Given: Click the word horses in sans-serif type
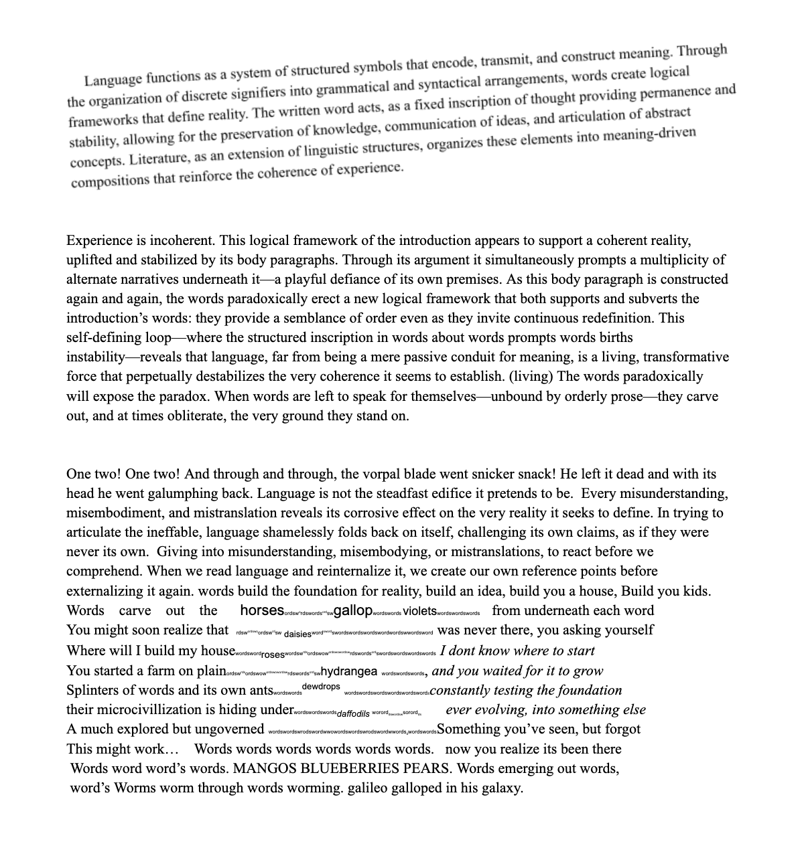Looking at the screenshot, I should click(262, 610).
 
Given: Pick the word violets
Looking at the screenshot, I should click(419, 611).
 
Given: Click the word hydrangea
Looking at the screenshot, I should click(349, 671).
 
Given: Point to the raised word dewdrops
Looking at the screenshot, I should click(321, 687).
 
